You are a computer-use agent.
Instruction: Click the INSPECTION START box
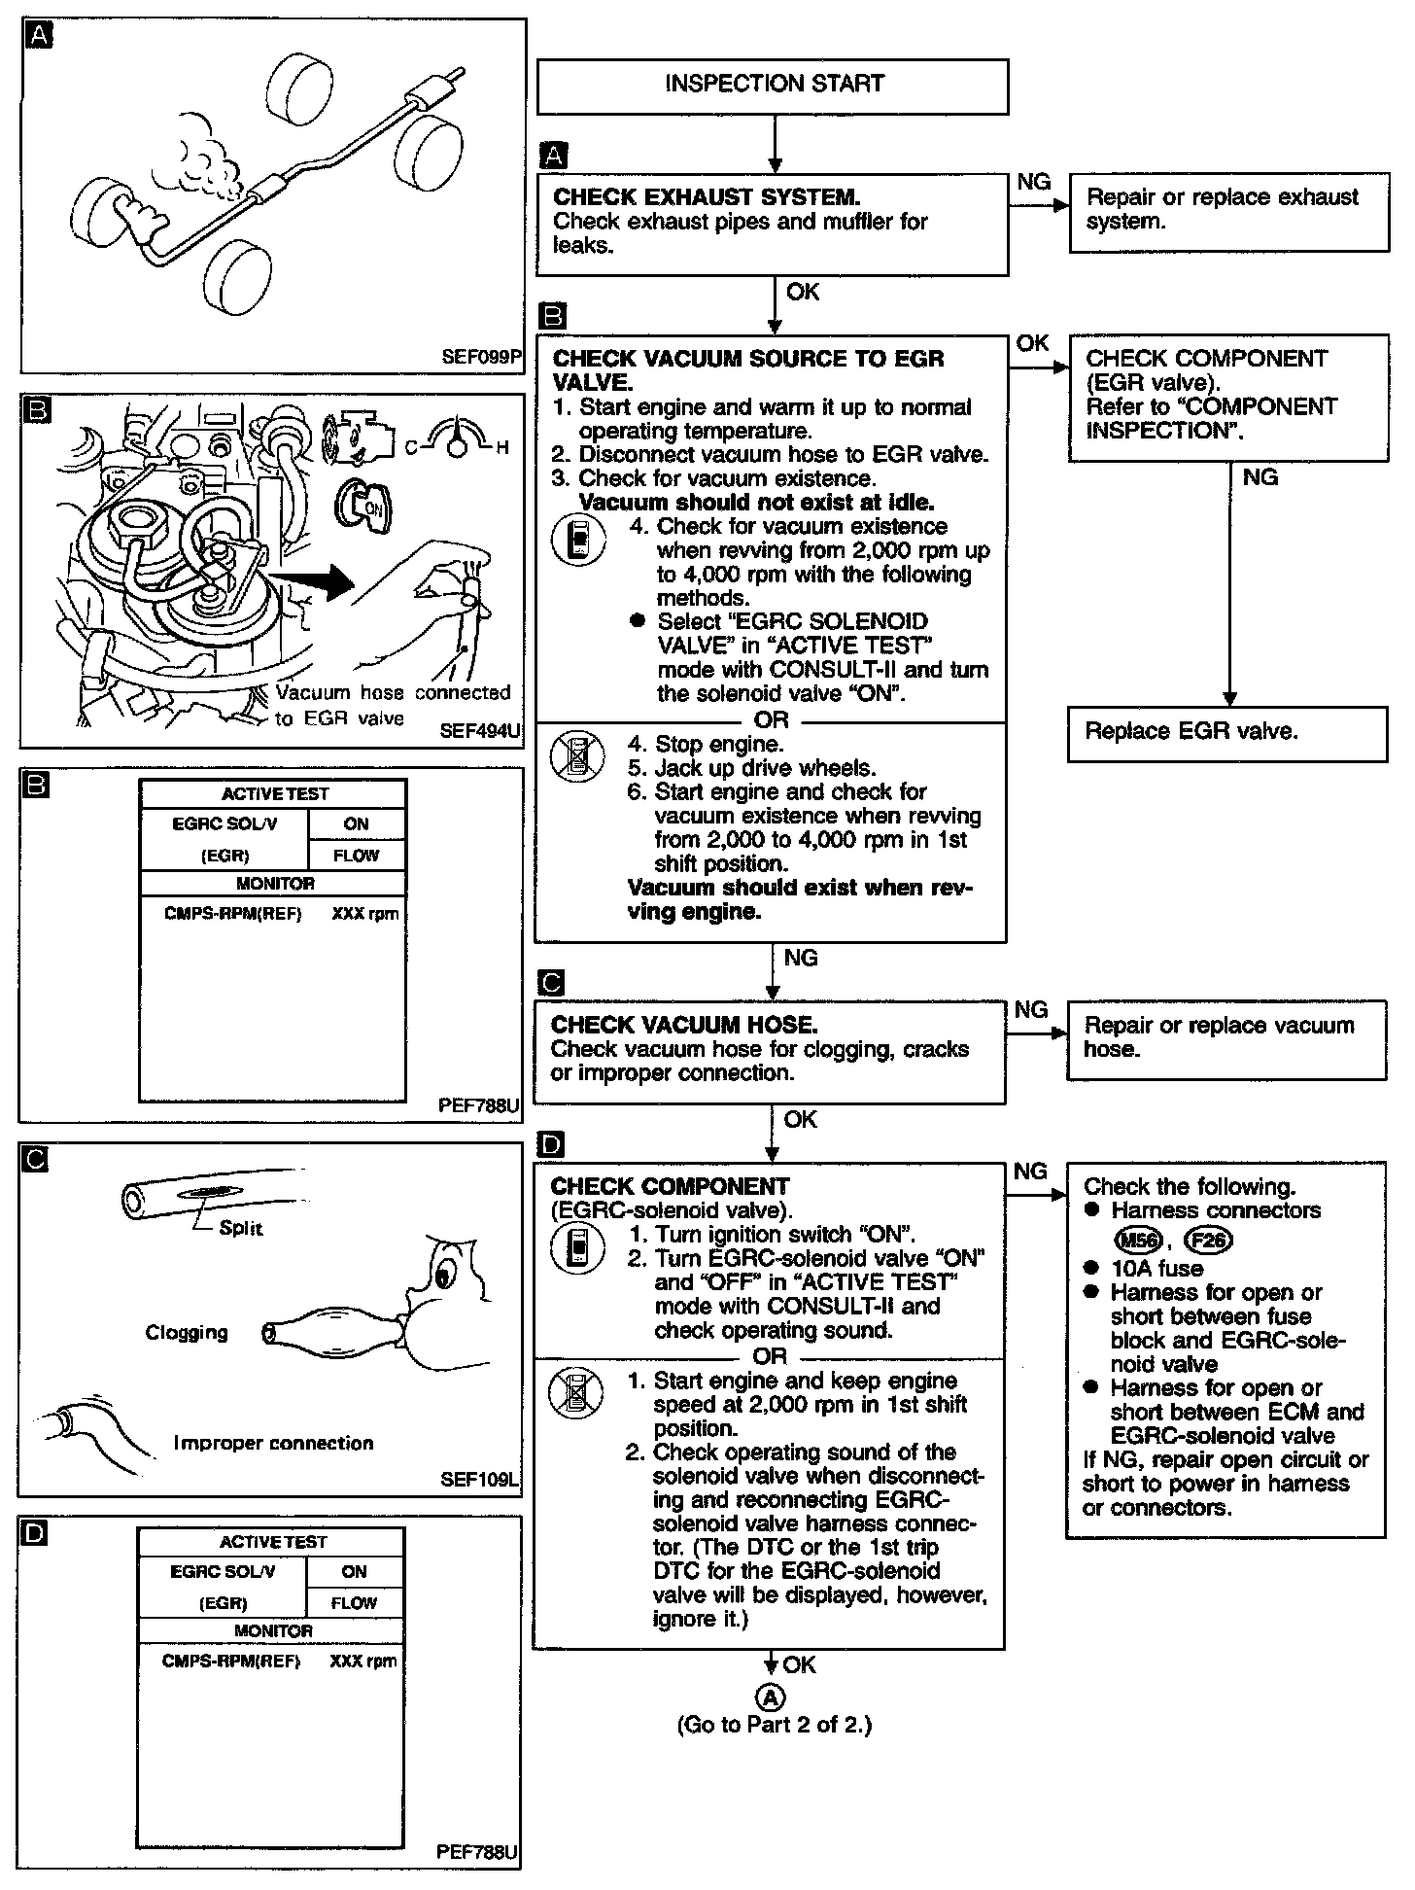(773, 86)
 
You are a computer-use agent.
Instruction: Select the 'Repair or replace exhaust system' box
(1228, 211)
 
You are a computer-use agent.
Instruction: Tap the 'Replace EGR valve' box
(1228, 732)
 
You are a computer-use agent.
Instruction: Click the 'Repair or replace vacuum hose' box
(1226, 1038)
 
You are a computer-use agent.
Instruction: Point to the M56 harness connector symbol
(1137, 1241)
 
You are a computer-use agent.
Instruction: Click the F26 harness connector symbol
(1208, 1241)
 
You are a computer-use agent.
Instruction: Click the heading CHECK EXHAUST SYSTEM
(707, 197)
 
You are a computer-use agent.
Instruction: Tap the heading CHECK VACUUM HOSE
(684, 1025)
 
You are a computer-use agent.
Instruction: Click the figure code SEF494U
(480, 730)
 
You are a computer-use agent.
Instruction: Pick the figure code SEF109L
(480, 1481)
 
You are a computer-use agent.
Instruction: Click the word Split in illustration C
(240, 1228)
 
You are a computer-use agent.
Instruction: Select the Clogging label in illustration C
(187, 1332)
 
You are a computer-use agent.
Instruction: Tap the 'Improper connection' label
(273, 1443)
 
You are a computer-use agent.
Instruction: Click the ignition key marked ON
(365, 504)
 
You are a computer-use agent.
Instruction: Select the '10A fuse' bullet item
(1156, 1269)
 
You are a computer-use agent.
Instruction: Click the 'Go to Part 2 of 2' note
(775, 1725)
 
